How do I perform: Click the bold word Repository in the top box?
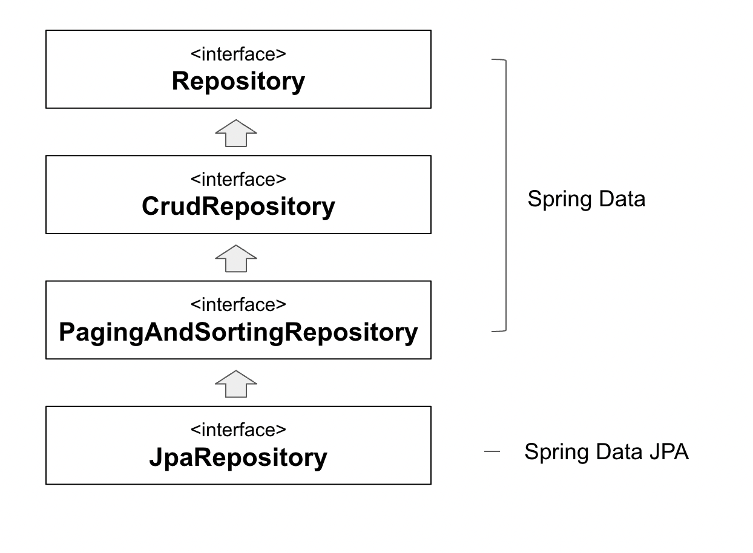point(238,82)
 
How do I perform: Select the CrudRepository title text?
point(238,207)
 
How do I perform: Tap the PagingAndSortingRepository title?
point(238,332)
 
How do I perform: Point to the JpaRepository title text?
point(238,457)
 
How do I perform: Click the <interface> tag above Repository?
point(238,54)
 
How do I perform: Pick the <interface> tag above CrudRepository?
point(238,180)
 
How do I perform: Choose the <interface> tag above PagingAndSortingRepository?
point(238,305)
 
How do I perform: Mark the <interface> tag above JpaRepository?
point(238,430)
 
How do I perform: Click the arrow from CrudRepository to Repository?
point(236,133)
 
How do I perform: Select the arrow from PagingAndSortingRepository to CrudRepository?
point(236,258)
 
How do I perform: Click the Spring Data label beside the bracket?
point(586,199)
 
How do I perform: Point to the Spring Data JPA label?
point(606,452)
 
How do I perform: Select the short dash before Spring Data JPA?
point(492,451)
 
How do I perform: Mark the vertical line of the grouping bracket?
point(505,195)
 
